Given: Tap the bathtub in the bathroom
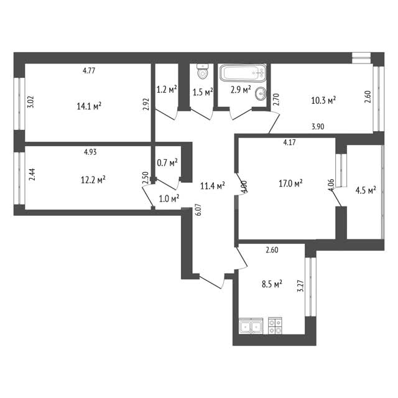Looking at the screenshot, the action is click(243, 73).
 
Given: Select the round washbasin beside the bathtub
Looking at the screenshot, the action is click(261, 94).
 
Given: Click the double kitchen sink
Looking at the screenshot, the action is click(251, 326).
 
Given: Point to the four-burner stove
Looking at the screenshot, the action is click(275, 326).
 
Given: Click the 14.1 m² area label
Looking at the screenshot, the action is click(89, 106).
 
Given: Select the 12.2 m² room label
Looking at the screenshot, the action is click(93, 180).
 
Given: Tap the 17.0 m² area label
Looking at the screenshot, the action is click(290, 183).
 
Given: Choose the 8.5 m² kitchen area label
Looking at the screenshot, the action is click(272, 284).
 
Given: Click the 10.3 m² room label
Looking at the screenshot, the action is click(323, 100).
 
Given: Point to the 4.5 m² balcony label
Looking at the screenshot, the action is click(366, 190).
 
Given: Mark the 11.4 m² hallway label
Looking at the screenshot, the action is click(213, 186).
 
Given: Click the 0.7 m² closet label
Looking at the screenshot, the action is click(167, 162).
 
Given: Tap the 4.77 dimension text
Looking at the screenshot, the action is click(89, 70).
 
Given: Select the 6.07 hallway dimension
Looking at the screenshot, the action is click(198, 210).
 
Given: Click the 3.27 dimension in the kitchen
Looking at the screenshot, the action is click(301, 286).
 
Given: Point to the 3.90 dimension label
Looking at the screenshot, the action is click(318, 126).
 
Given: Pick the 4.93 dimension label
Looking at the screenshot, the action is click(90, 152).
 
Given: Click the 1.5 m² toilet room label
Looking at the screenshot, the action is click(203, 92).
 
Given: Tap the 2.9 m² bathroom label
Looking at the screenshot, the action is click(241, 90).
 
